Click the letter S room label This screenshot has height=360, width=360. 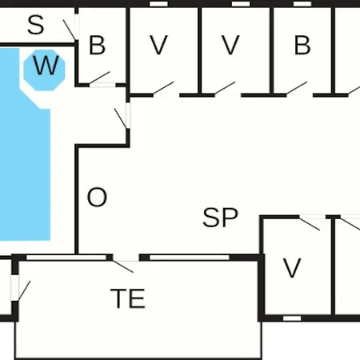[36, 25]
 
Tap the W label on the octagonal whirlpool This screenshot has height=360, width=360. [46, 66]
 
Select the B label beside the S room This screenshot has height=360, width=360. [97, 46]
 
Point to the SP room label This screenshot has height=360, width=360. [220, 218]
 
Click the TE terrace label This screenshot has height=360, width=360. [128, 298]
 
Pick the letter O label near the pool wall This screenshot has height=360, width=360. [97, 198]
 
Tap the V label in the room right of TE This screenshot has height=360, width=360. [292, 268]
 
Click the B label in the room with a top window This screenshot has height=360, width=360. [302, 46]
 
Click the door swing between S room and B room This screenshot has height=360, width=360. [70, 30]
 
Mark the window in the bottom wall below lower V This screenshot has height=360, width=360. [292, 318]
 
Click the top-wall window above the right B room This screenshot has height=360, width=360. [302, 4]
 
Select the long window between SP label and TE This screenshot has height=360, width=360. [190, 258]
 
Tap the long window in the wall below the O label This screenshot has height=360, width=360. [66, 258]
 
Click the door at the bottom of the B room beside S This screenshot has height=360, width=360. [99, 78]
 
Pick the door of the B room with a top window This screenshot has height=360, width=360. [297, 89]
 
